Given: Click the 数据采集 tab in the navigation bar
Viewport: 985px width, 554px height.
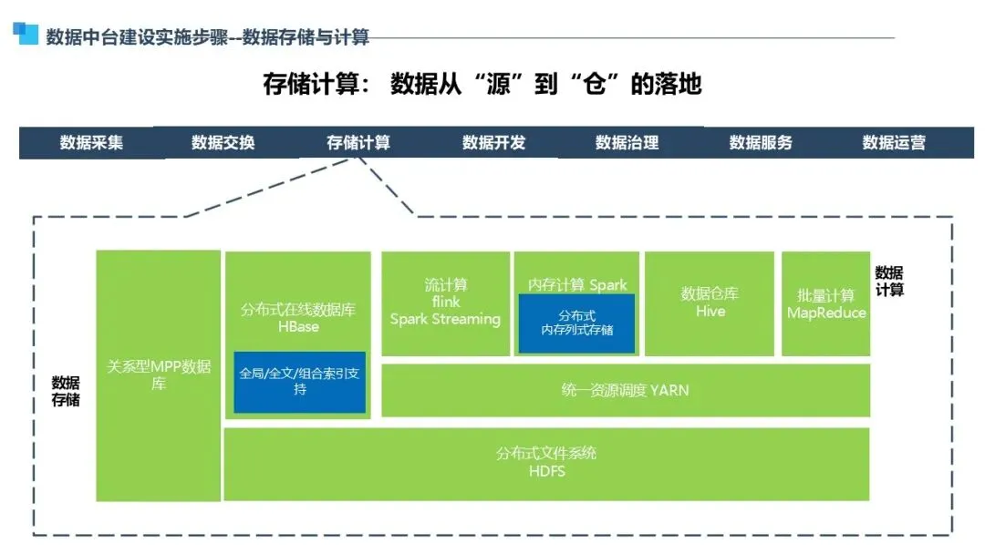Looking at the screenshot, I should tap(91, 143).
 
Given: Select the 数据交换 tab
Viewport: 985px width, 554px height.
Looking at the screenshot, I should tap(223, 143).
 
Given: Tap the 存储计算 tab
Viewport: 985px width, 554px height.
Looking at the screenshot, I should tap(358, 143).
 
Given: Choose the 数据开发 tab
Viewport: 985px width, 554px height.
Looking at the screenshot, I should tap(493, 143).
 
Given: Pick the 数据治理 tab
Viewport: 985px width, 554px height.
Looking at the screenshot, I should tap(627, 143).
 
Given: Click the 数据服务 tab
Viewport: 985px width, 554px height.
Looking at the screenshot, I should tap(761, 143).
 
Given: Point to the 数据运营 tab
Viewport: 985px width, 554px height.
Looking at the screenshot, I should tap(894, 143).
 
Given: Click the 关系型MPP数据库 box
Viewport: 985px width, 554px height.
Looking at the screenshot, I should tap(159, 374).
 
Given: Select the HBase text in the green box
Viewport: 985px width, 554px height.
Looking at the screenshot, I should tap(298, 327).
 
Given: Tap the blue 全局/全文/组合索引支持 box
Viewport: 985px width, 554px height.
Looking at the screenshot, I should tap(300, 382).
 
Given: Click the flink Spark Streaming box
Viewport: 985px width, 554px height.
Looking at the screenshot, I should tap(445, 303).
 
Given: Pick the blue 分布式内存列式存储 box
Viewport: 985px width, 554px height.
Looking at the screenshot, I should tap(577, 323).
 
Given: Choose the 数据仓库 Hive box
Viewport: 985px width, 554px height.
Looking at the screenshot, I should tap(710, 303).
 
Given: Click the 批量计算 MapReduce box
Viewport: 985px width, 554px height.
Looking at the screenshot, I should tap(826, 304).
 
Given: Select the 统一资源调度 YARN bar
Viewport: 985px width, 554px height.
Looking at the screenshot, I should tap(625, 390).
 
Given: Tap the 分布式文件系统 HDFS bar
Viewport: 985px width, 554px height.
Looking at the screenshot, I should tap(546, 463).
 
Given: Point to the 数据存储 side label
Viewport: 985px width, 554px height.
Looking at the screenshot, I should tap(66, 391).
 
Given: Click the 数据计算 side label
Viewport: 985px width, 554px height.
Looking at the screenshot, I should tap(889, 281).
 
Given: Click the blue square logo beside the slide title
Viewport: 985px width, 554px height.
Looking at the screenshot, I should tap(25, 33).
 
